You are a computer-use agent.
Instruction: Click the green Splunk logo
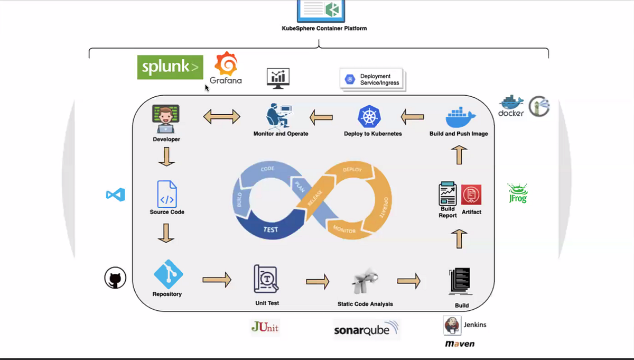(x=163, y=67)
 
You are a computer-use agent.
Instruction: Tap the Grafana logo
(x=226, y=68)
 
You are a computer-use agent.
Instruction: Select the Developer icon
(x=166, y=119)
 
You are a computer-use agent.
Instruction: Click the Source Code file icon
(x=167, y=193)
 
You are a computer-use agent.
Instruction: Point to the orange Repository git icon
(x=168, y=274)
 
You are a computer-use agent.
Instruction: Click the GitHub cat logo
(x=115, y=278)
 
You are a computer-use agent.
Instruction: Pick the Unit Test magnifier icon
(x=266, y=279)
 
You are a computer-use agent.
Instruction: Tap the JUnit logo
(x=265, y=327)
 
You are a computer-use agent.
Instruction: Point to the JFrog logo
(x=517, y=193)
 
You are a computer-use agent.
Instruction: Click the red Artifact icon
(x=471, y=195)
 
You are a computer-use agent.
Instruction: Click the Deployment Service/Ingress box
(x=372, y=79)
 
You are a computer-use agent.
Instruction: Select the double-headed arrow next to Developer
(x=222, y=117)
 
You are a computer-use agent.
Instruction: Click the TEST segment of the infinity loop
(x=270, y=230)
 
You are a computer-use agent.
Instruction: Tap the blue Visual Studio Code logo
(x=116, y=195)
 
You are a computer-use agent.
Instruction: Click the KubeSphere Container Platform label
(x=324, y=29)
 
